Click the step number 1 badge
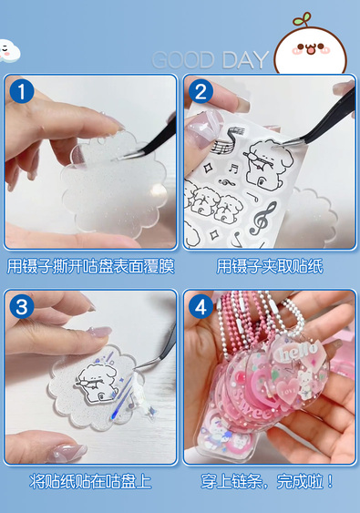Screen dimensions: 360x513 pos(22,92)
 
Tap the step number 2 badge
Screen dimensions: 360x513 pos(201,91)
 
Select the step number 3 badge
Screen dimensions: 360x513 pos(22,307)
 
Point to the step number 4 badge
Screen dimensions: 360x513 pos(201,307)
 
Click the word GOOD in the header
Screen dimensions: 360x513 pos(183,60)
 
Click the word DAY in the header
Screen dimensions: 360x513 pos(245,60)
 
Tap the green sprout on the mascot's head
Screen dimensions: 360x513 pos(303,19)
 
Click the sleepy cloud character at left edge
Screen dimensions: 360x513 pos(9,50)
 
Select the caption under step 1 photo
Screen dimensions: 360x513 pos(90,266)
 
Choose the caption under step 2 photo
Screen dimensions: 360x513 pos(270,266)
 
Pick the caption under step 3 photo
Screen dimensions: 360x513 pos(90,482)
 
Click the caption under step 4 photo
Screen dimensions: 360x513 pos(267,482)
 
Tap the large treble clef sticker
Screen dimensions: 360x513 pos(262,218)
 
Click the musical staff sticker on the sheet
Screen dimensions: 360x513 pos(226,141)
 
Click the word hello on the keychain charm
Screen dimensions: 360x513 pos(298,352)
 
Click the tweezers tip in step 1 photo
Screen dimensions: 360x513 pos(115,159)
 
